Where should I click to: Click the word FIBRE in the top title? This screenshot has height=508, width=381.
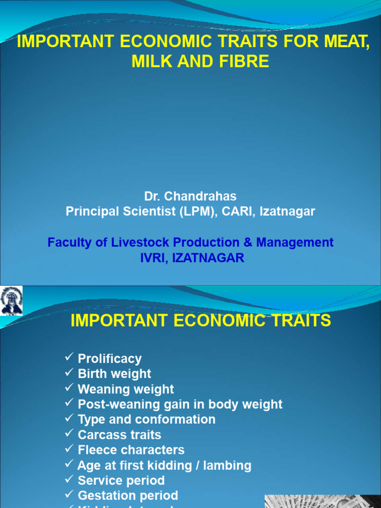(244, 62)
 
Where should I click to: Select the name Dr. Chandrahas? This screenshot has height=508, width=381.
(190, 196)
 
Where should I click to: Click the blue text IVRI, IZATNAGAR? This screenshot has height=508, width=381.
(190, 258)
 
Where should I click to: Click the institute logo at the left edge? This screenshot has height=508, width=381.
(11, 301)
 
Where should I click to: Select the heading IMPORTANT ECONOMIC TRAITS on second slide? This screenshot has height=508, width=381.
(200, 321)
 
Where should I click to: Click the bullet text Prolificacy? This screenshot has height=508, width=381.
(110, 359)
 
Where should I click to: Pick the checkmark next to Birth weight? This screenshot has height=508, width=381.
(69, 373)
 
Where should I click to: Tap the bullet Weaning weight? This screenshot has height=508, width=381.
(126, 389)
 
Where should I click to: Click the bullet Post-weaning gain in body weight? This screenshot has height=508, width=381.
(180, 404)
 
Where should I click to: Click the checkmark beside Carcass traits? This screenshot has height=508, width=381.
(69, 434)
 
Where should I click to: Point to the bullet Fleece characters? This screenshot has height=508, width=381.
(131, 450)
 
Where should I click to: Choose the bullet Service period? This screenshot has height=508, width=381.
(121, 481)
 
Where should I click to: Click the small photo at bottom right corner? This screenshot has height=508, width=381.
(322, 501)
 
